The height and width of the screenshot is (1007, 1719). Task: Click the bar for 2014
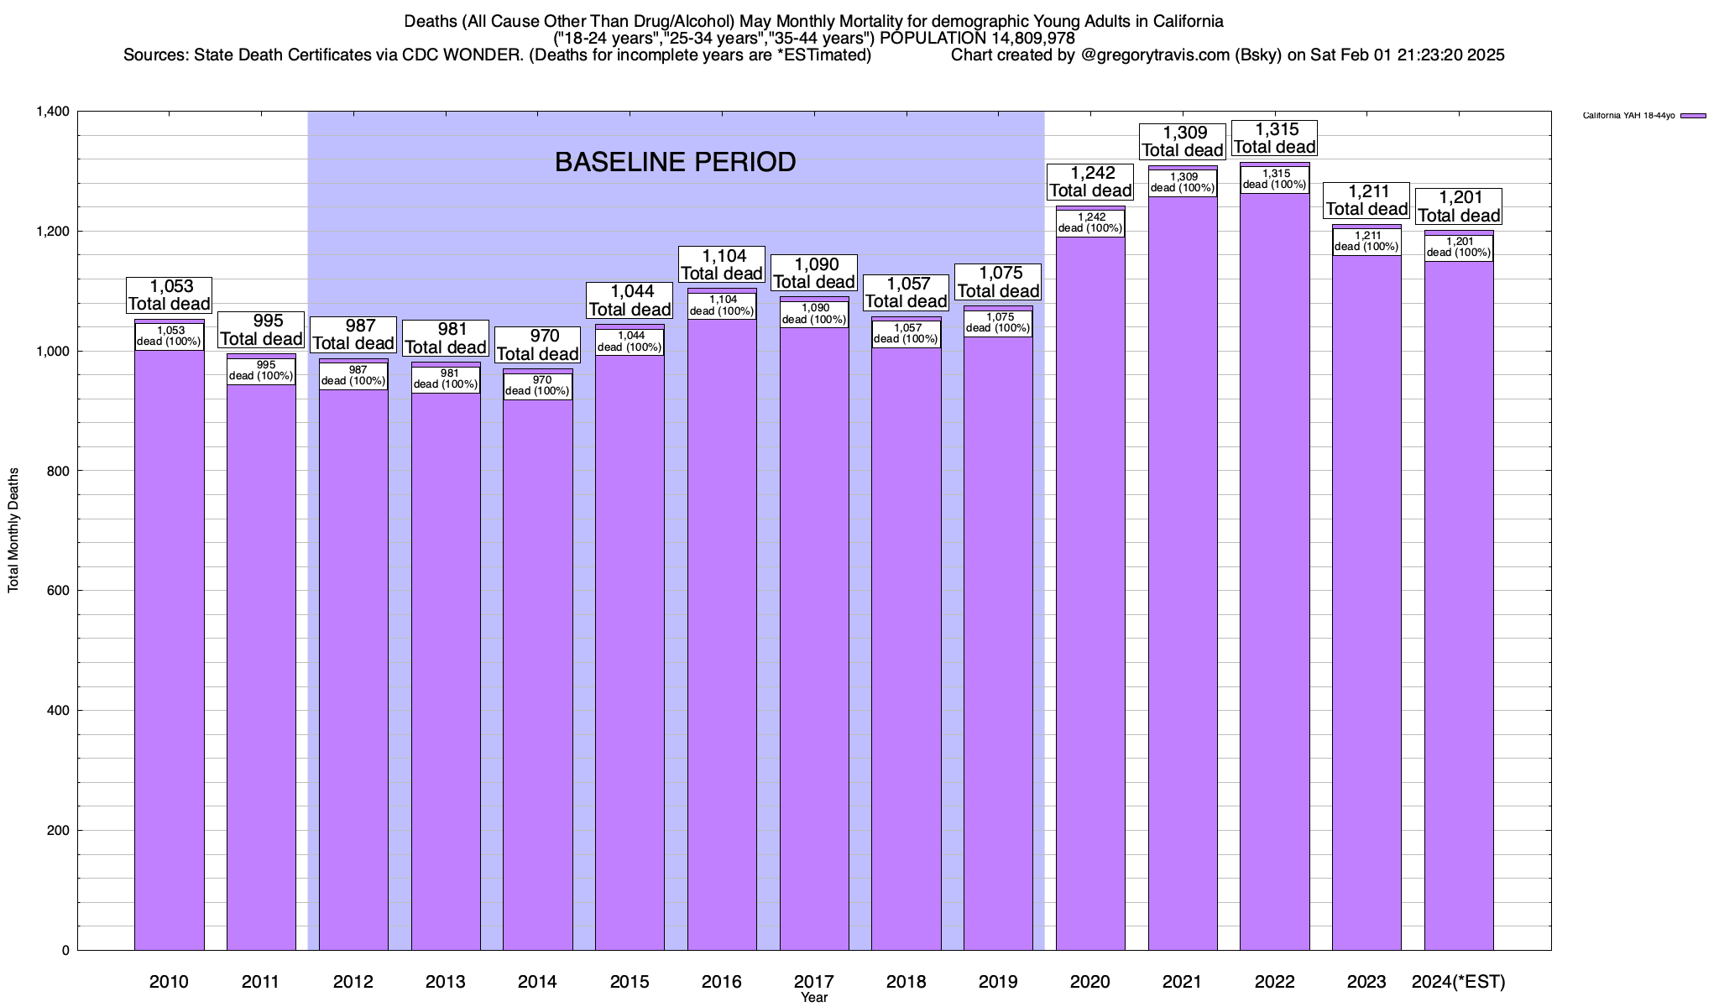(537, 671)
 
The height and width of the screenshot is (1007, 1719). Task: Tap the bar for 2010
(169, 655)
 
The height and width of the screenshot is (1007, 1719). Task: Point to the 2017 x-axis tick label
(813, 981)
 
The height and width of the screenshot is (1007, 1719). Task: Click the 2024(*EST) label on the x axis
(1459, 981)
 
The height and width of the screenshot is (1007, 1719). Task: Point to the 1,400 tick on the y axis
(52, 112)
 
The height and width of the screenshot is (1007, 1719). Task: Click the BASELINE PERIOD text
(675, 162)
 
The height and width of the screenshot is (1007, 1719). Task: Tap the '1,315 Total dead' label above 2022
(1274, 138)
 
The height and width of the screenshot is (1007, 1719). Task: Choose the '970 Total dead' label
(537, 345)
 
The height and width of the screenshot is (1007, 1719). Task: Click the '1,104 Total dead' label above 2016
(722, 264)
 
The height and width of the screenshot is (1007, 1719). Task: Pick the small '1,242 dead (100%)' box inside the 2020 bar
(1090, 222)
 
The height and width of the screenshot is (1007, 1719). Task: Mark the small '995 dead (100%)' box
(261, 370)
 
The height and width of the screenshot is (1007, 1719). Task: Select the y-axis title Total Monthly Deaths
(13, 530)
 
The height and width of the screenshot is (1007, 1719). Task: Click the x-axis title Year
(813, 998)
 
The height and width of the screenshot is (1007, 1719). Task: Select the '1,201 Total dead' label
(1459, 206)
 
